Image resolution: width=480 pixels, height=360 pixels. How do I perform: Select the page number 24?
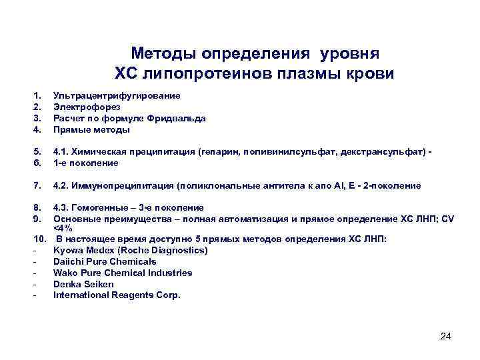(446, 335)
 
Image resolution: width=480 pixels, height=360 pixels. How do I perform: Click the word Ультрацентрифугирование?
(116, 96)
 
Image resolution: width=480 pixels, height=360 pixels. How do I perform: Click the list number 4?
(38, 129)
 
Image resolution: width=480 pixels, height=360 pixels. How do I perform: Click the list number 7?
(38, 185)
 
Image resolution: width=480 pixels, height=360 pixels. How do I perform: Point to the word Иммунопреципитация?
(129, 185)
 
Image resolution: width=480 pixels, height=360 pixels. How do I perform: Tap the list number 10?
(39, 239)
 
